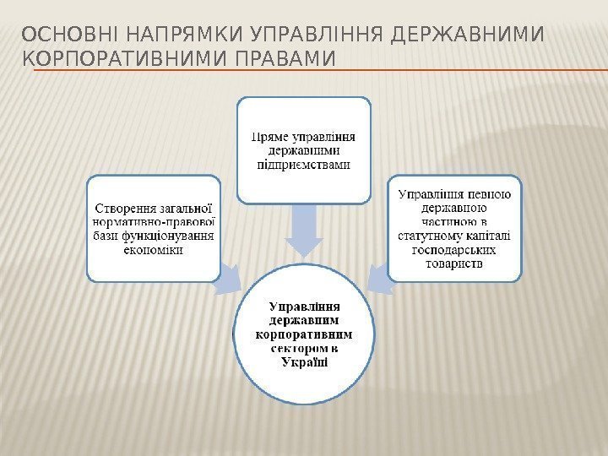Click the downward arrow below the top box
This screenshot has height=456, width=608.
click(303, 230)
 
